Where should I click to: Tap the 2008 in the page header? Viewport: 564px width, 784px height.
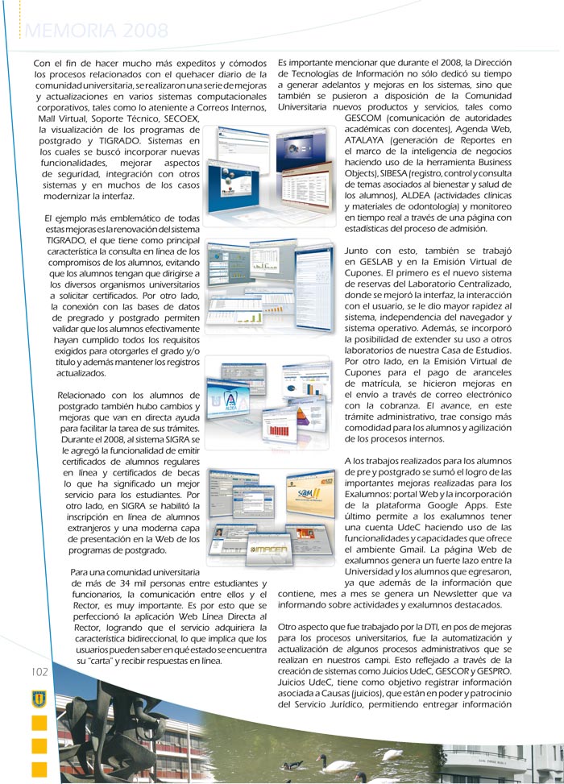pos(146,31)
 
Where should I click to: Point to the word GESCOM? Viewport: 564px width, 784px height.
pos(369,117)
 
